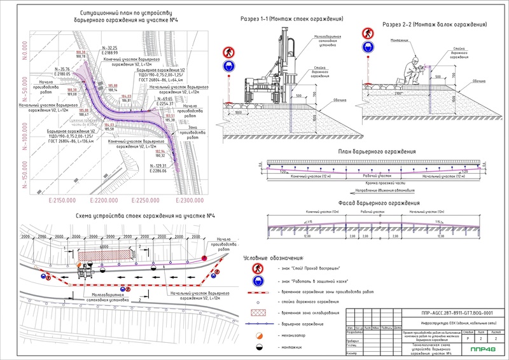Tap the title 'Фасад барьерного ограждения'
[x=374, y=204]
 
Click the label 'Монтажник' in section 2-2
[x=400, y=39]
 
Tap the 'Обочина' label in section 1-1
[x=341, y=100]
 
